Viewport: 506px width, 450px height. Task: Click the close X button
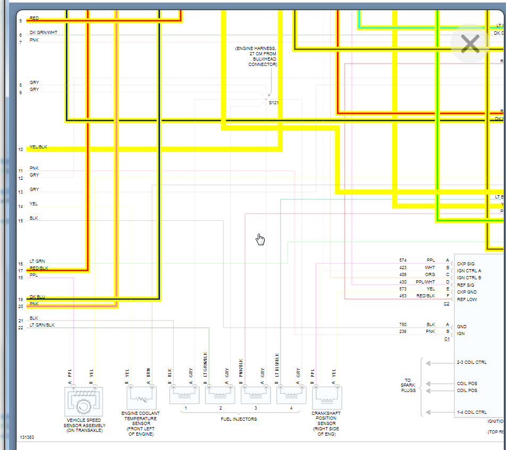coord(470,44)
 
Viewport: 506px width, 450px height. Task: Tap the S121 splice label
coord(273,102)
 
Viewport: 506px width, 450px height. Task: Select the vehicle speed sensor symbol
coord(83,402)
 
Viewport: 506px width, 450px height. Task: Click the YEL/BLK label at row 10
coord(38,147)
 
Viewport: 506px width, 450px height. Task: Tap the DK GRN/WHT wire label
coord(44,32)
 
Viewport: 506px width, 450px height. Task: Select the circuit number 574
coord(403,260)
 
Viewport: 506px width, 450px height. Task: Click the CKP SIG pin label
coord(466,264)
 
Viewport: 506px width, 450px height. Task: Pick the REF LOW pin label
coord(467,299)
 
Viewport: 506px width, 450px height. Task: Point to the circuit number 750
coord(403,324)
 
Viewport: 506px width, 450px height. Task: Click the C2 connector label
coord(446,304)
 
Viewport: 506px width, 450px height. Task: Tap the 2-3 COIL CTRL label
coord(471,363)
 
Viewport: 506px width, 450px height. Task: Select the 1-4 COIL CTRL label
coord(471,412)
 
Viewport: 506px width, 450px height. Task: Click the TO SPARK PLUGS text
coord(408,385)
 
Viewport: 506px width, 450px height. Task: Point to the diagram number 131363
coord(27,437)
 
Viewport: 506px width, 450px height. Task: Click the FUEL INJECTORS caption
coord(239,419)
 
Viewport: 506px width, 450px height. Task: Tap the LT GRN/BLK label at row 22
coord(42,324)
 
